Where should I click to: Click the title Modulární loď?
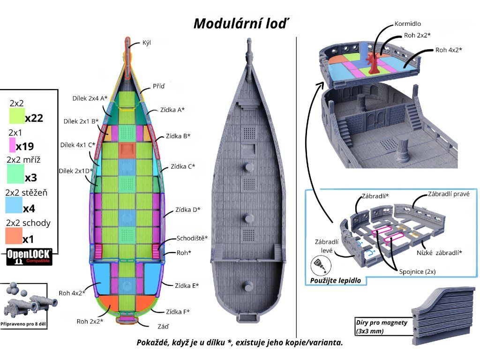(x=239, y=23)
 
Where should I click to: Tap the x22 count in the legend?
(x=34, y=118)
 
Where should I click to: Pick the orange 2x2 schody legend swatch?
(x=14, y=236)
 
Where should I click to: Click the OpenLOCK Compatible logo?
(x=29, y=257)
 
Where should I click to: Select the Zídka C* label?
(x=183, y=166)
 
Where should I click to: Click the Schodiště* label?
(x=192, y=238)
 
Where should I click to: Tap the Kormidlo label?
(x=407, y=23)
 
